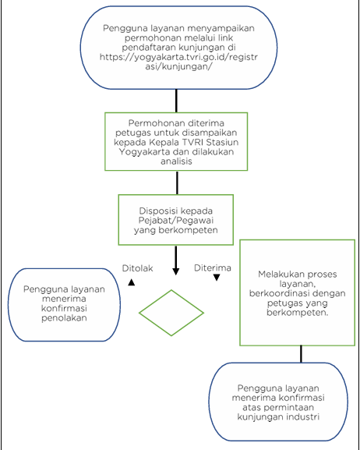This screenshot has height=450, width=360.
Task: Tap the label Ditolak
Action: click(138, 268)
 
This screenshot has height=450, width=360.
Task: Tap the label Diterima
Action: click(213, 268)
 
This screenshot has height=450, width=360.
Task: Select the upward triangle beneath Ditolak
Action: click(132, 282)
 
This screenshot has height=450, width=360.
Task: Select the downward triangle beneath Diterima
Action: click(217, 278)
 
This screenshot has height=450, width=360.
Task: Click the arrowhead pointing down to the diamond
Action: click(176, 271)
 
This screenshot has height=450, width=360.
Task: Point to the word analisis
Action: click(176, 161)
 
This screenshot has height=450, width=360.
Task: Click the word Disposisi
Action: click(157, 211)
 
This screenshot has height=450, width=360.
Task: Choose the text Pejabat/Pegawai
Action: click(176, 221)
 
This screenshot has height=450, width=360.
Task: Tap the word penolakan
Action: click(64, 318)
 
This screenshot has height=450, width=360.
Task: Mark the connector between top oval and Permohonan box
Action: click(176, 101)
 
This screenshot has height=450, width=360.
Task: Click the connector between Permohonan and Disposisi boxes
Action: click(177, 182)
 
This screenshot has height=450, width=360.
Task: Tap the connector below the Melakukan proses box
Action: click(301, 354)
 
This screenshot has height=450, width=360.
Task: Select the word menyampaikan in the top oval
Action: click(221, 28)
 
